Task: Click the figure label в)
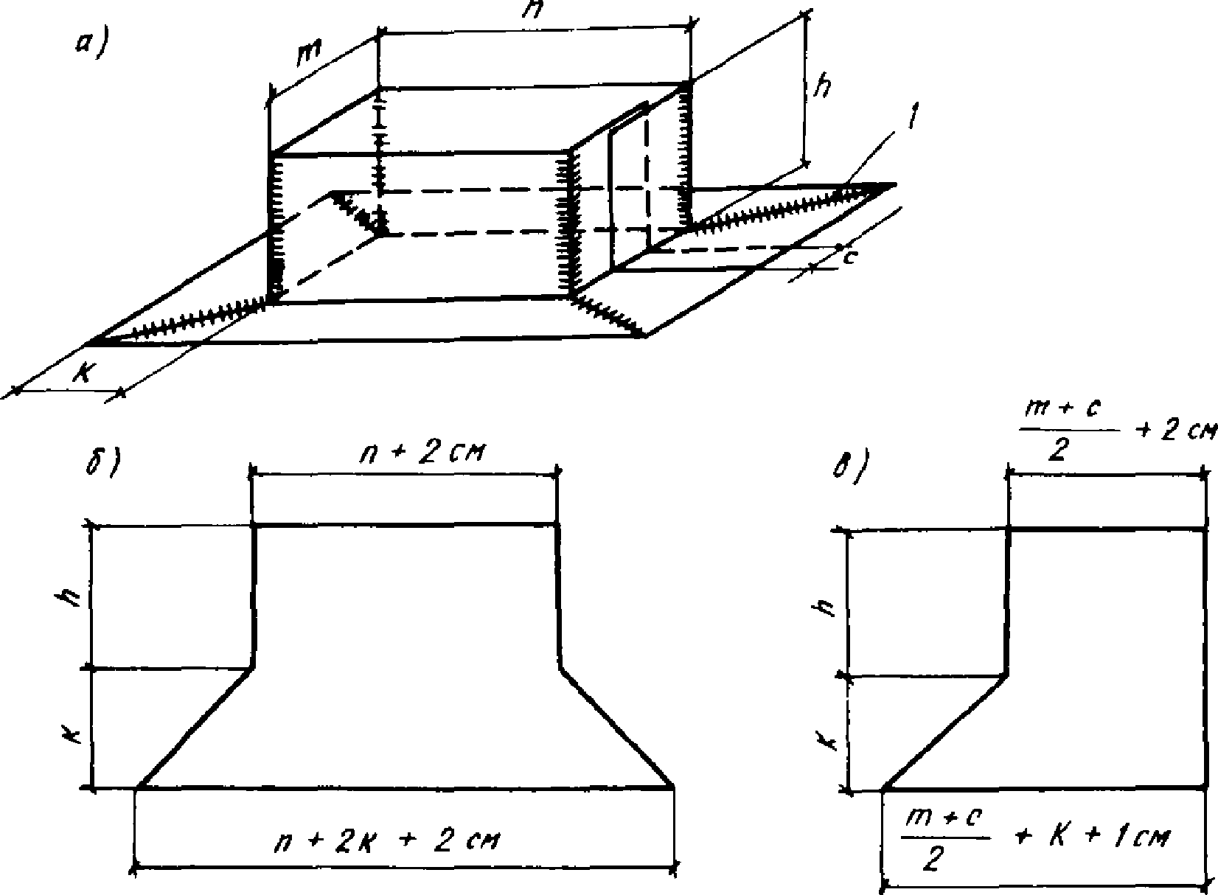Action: (851, 470)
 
